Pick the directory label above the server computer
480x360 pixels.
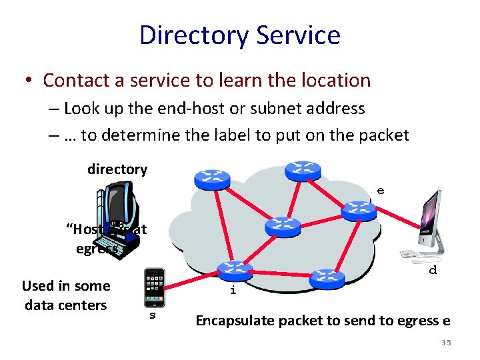117,169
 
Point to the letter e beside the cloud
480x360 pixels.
380,191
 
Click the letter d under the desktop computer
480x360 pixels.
433,270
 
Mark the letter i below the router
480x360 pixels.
233,291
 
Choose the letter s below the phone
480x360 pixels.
152,315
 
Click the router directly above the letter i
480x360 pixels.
235,270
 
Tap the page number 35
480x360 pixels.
446,343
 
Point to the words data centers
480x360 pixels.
65,305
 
